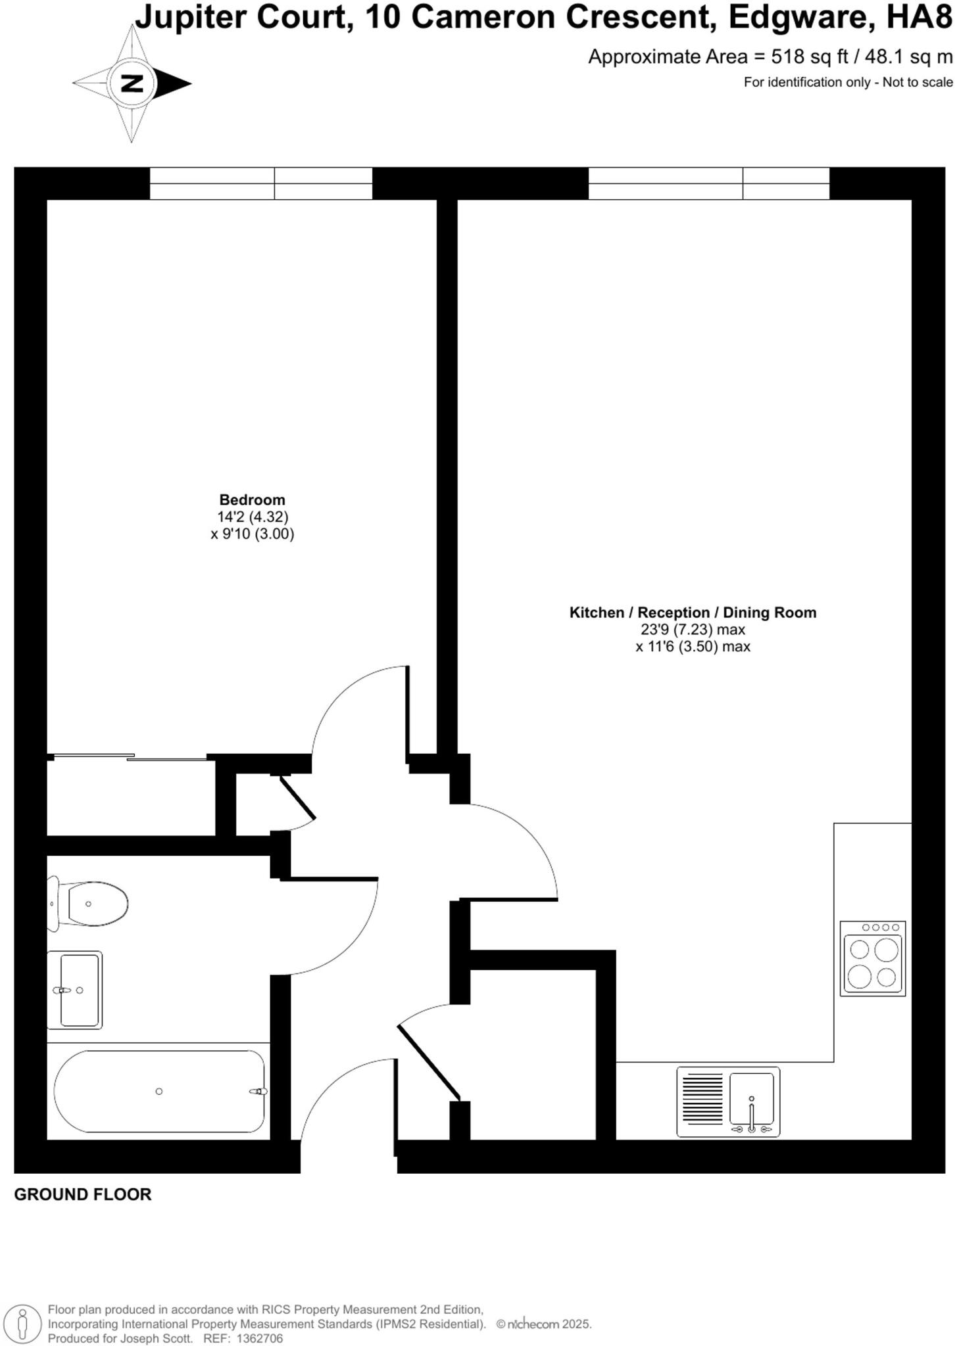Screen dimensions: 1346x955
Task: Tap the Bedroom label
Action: pyautogui.click(x=252, y=500)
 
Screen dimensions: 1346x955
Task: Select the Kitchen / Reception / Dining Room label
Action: pyautogui.click(x=693, y=613)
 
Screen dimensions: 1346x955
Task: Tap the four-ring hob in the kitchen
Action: pyautogui.click(x=873, y=958)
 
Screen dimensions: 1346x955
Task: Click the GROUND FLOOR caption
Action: pyautogui.click(x=83, y=1194)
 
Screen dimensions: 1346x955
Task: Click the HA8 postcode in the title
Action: pyautogui.click(x=919, y=18)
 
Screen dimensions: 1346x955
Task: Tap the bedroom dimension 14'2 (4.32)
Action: pyautogui.click(x=253, y=517)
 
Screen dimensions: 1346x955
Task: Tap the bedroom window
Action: pyautogui.click(x=260, y=183)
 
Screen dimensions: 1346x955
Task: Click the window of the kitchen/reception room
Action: pyautogui.click(x=708, y=183)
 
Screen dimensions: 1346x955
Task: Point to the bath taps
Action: pyautogui.click(x=258, y=1091)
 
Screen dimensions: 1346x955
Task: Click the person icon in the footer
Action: pyautogui.click(x=23, y=1324)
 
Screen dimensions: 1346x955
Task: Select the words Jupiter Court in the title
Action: pyautogui.click(x=241, y=18)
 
